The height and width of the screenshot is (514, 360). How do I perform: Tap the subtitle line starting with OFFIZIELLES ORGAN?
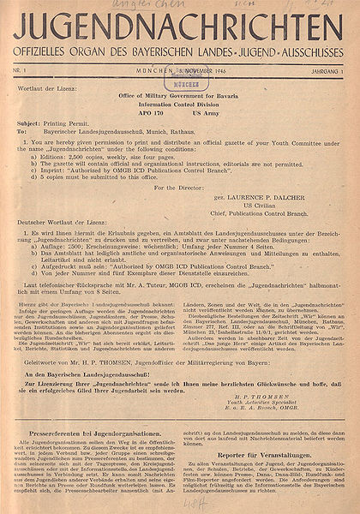point(180,50)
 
